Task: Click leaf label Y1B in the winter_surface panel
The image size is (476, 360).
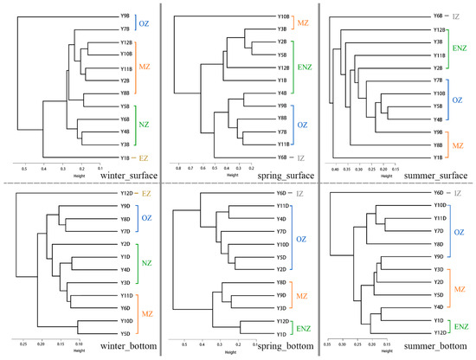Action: coord(125,157)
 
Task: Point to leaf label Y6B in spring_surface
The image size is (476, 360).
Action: coord(282,157)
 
